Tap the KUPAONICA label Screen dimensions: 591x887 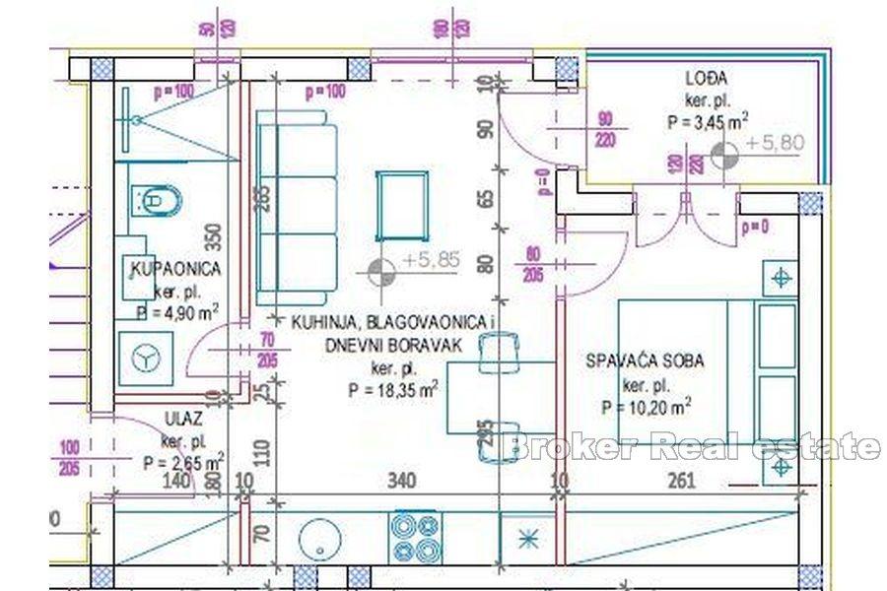point(175,268)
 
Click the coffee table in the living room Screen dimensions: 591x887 point(401,205)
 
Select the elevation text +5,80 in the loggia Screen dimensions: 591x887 point(776,143)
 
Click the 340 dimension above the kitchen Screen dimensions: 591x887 point(401,482)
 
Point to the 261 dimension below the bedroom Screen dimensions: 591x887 point(681,482)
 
